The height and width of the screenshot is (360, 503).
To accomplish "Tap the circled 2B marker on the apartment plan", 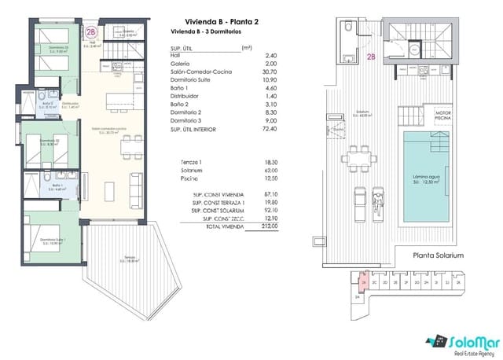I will [x=92, y=32].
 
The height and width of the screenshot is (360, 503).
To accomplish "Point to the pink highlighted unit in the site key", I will [x=364, y=282].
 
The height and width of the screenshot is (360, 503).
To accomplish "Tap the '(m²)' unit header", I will [x=247, y=48].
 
